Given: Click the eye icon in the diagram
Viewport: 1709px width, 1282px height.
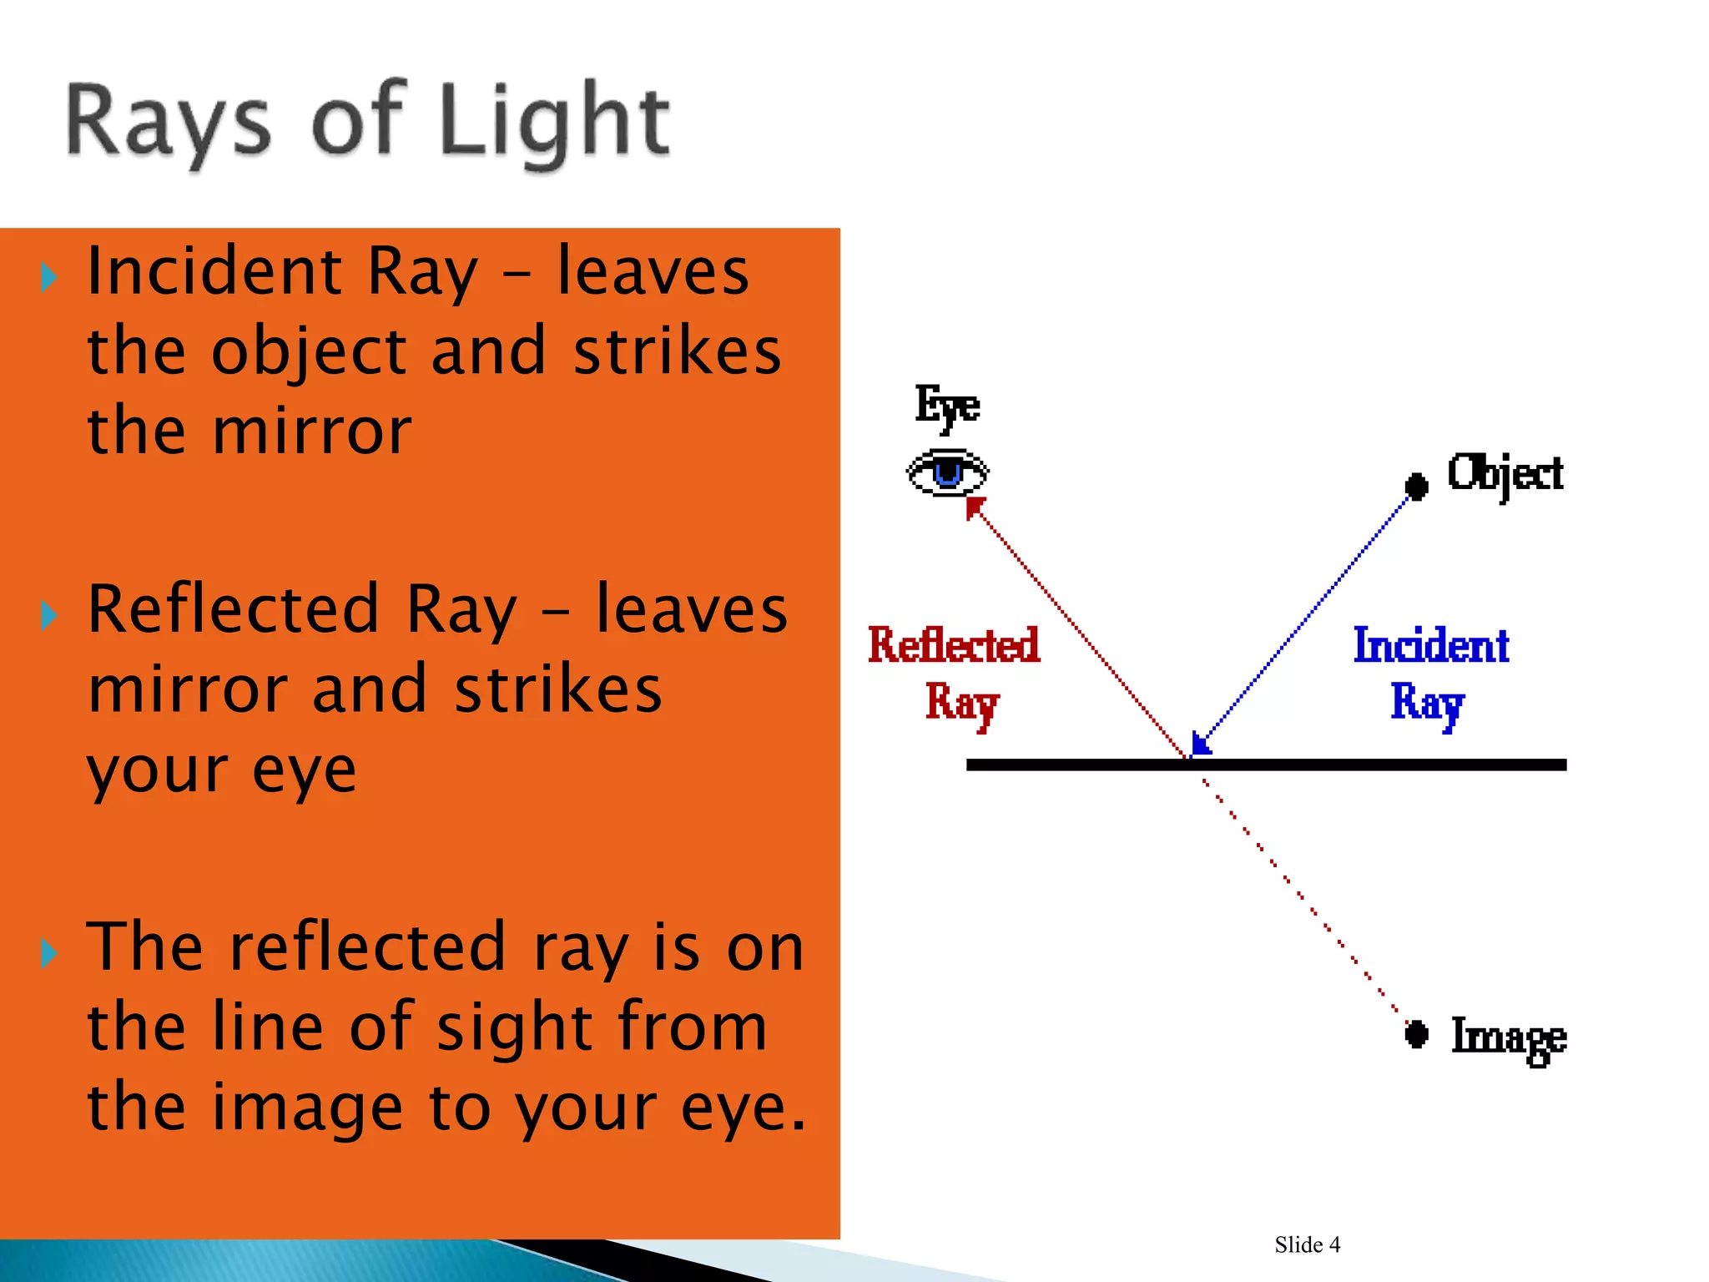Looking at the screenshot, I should tap(947, 472).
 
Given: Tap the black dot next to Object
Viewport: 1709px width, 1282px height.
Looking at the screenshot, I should tap(1415, 486).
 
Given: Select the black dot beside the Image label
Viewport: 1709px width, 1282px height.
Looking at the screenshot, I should tap(1415, 1034).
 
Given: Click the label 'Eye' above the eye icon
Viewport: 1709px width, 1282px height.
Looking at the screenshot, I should tap(947, 406).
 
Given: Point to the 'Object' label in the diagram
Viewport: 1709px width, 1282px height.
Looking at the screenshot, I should tap(1505, 474).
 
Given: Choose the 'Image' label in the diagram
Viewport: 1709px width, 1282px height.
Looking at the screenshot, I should tap(1508, 1037).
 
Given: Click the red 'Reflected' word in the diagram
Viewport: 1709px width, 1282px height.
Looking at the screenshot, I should tap(954, 645).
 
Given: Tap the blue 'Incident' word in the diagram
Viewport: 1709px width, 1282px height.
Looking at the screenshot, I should tap(1430, 645).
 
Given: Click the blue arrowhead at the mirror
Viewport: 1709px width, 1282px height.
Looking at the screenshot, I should tap(1201, 742).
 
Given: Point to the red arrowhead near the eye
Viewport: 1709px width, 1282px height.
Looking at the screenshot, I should tap(974, 507).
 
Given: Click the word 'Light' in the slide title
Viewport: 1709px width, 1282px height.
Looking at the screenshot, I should tap(553, 122).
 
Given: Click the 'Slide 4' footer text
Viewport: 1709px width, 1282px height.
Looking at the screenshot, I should tap(1307, 1244).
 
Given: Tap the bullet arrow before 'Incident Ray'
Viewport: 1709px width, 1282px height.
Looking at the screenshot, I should tap(49, 276).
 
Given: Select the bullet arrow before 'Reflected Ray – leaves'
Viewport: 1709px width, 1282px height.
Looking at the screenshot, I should tap(49, 615).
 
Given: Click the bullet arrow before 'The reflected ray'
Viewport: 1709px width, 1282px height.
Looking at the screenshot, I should tap(49, 952).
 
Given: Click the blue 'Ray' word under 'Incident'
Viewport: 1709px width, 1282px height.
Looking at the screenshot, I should tap(1427, 703).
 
